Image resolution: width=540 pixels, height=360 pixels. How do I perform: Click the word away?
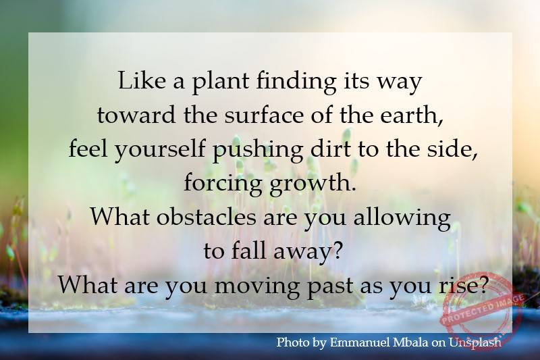point(310,252)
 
